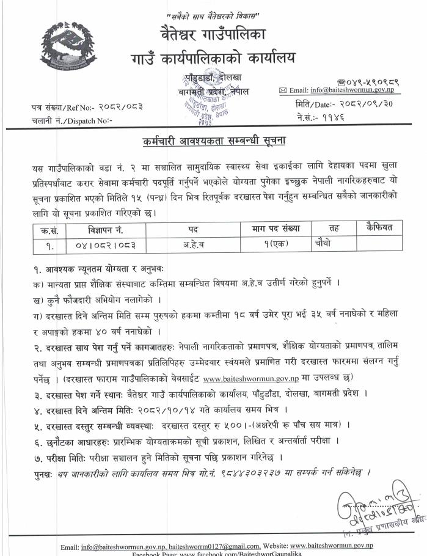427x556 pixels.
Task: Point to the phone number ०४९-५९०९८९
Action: click(x=360, y=80)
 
